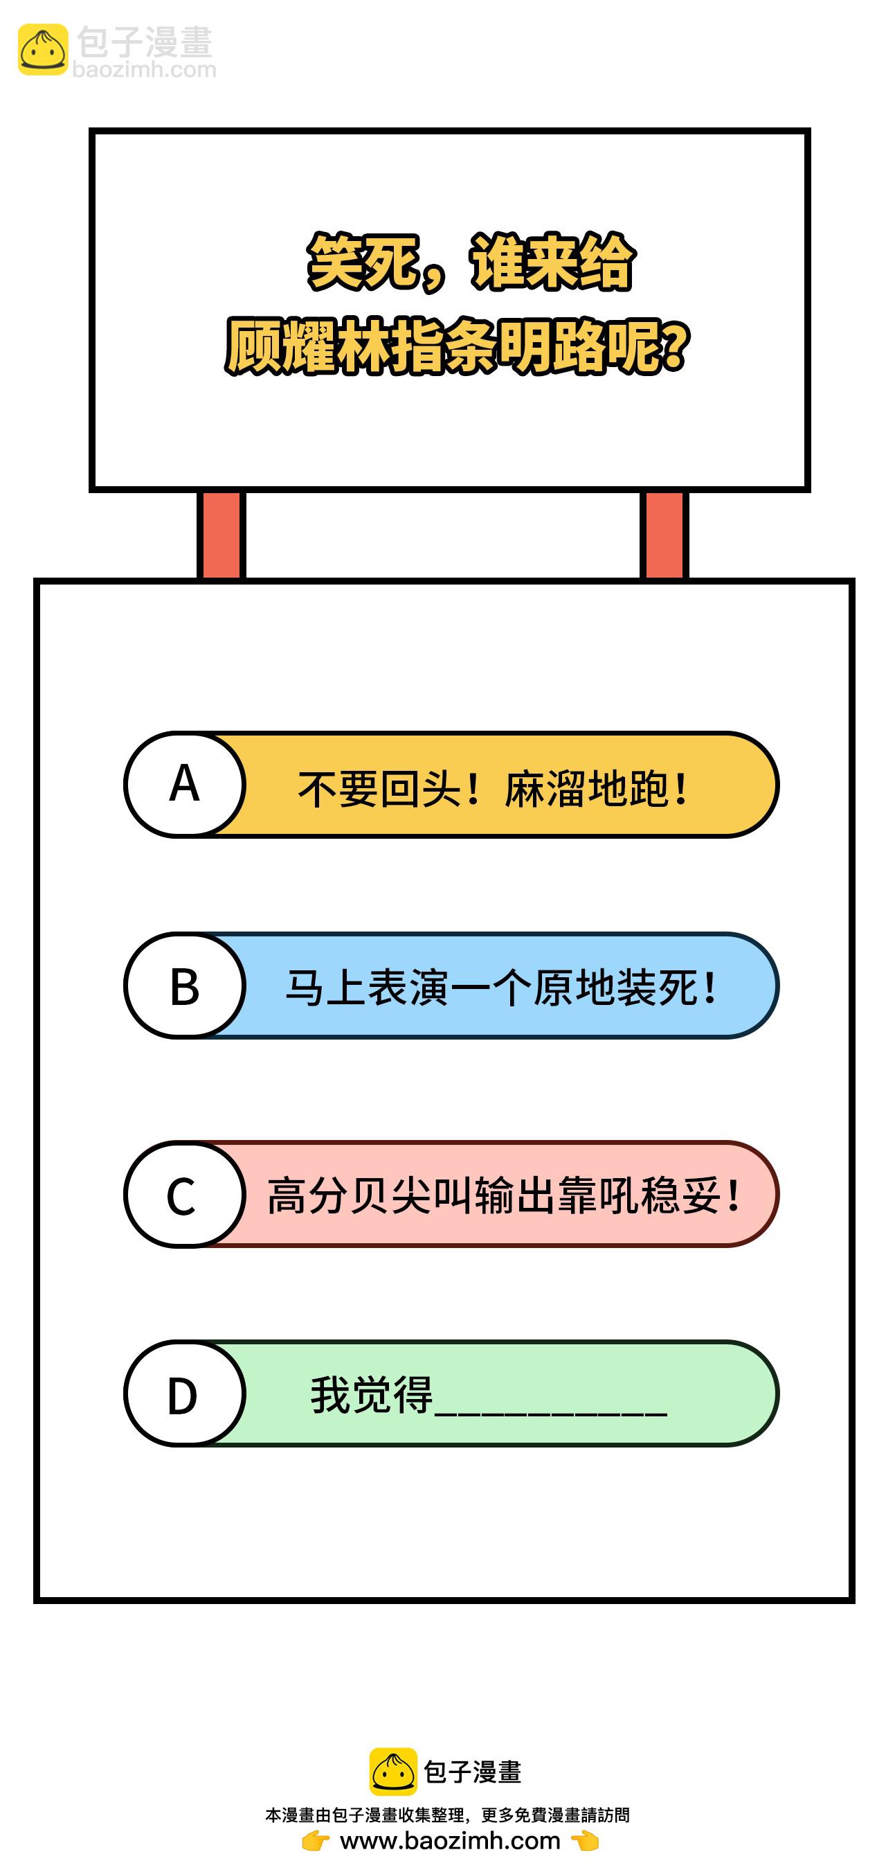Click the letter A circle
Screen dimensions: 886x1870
pos(184,785)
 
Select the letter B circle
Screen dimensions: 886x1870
pos(184,986)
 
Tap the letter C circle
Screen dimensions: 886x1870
pos(184,1194)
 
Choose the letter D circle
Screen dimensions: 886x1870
pos(184,1393)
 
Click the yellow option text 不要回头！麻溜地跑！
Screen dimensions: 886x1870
pos(493,788)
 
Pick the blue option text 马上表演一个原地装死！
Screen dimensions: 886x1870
pos(501,988)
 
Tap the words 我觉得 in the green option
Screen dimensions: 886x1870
pos(372,1394)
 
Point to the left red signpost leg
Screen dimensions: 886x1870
pos(221,535)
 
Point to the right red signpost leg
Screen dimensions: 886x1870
pos(664,535)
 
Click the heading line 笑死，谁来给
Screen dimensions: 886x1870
pos(471,262)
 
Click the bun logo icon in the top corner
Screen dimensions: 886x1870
pos(43,50)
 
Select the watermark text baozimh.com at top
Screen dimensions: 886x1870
pos(145,70)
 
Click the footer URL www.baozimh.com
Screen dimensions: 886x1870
pos(450,1840)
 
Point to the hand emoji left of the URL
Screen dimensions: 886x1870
pos(316,1841)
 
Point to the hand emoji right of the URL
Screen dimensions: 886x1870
pos(585,1841)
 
